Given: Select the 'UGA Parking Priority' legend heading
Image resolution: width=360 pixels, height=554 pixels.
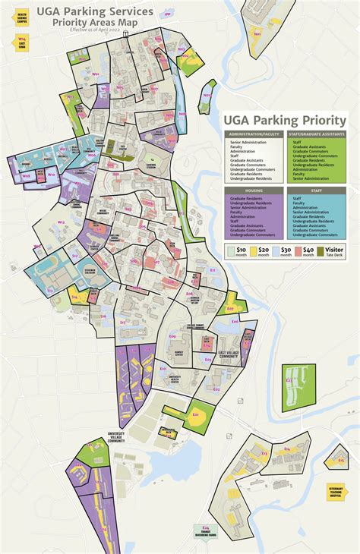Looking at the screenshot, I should (284, 121).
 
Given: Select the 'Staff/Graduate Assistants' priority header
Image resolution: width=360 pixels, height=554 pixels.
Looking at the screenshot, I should (316, 134).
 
